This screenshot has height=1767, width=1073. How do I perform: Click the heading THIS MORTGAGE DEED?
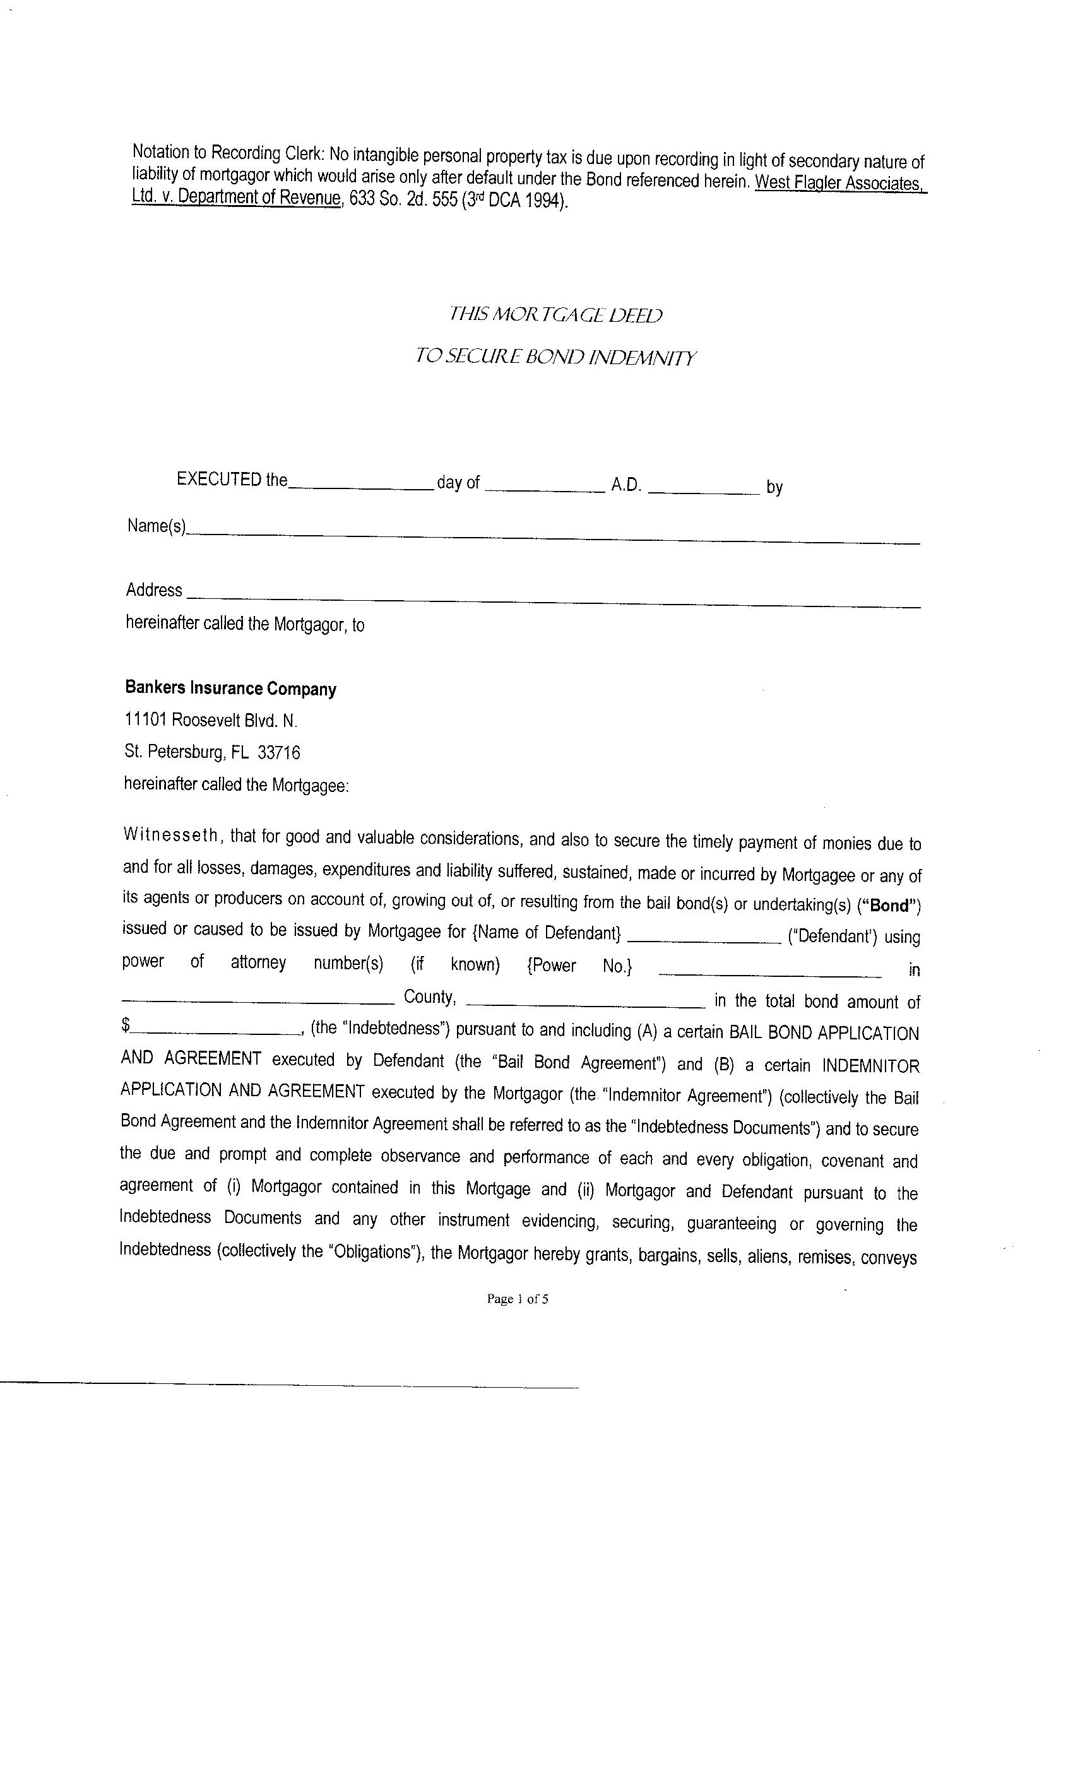point(555,315)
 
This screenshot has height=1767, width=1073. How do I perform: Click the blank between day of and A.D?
point(545,490)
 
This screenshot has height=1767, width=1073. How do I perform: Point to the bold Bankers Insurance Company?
point(230,688)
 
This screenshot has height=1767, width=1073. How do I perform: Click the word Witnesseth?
point(170,835)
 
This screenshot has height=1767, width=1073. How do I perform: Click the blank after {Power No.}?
point(769,974)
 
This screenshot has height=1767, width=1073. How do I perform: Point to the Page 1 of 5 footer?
point(517,1299)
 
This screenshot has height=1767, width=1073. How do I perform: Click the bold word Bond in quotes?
point(889,906)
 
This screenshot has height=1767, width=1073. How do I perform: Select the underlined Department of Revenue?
point(259,197)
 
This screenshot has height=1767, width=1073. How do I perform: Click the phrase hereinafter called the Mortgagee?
point(236,784)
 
